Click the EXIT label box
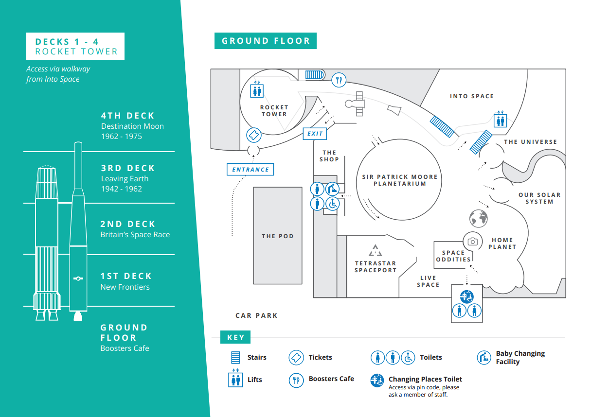(x=315, y=133)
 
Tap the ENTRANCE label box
(x=251, y=170)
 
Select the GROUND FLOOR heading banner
(x=266, y=41)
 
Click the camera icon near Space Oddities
(x=472, y=241)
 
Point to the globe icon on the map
(x=478, y=218)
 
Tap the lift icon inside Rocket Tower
(x=256, y=90)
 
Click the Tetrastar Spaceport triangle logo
(x=375, y=251)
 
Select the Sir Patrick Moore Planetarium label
(x=400, y=180)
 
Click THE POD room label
(x=278, y=236)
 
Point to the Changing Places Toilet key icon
(x=377, y=380)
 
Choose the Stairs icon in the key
(x=236, y=358)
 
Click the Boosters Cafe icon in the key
(x=296, y=380)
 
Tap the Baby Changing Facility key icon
(x=484, y=358)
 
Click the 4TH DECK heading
(x=128, y=116)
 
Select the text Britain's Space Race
(x=135, y=235)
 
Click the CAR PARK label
(x=256, y=315)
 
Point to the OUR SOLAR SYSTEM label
(x=539, y=198)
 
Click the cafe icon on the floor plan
(x=339, y=79)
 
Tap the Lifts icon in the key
(x=235, y=379)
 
